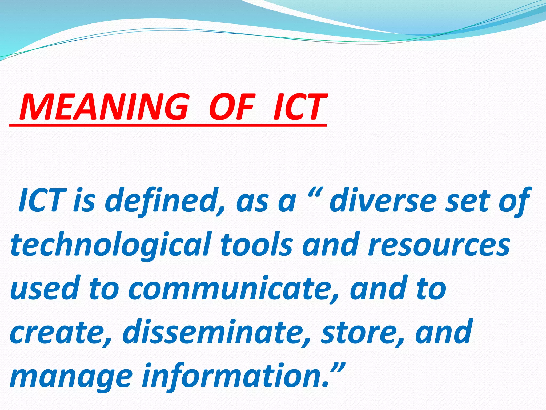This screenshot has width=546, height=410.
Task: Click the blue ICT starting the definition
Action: (x=42, y=200)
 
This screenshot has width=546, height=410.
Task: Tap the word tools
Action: (x=256, y=244)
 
